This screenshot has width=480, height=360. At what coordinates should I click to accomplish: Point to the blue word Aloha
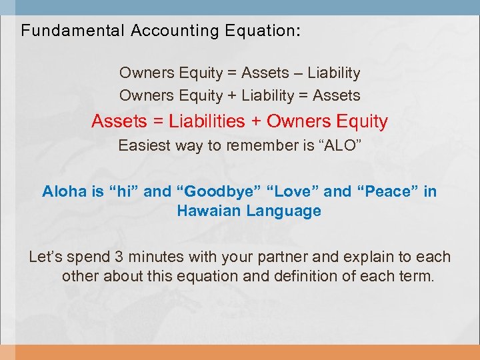[64, 192]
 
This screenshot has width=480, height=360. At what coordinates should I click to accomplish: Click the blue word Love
[293, 192]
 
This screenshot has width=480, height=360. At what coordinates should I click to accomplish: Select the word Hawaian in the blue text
[209, 211]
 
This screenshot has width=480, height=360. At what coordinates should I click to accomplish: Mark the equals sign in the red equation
[157, 121]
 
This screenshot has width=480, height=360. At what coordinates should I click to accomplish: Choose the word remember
[259, 145]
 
